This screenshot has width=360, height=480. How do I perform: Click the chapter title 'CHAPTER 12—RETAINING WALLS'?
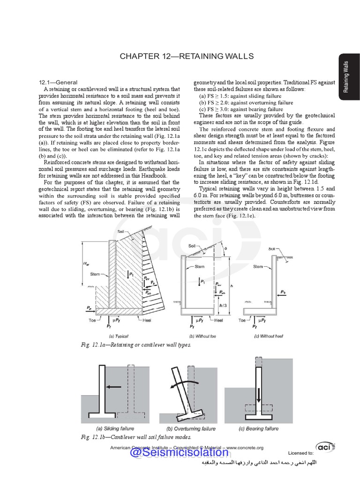click(187, 56)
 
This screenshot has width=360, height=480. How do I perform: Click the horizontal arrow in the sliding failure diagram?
click(113, 387)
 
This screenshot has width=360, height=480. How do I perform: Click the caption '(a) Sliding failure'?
click(115, 428)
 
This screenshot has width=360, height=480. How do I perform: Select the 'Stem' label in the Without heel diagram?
click(258, 267)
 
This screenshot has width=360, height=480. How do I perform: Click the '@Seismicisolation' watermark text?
click(179, 453)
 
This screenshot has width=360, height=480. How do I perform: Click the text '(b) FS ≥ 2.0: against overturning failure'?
click(246, 103)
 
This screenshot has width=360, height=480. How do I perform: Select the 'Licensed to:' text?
click(300, 453)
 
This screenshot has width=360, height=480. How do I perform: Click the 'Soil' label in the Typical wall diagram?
click(121, 232)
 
